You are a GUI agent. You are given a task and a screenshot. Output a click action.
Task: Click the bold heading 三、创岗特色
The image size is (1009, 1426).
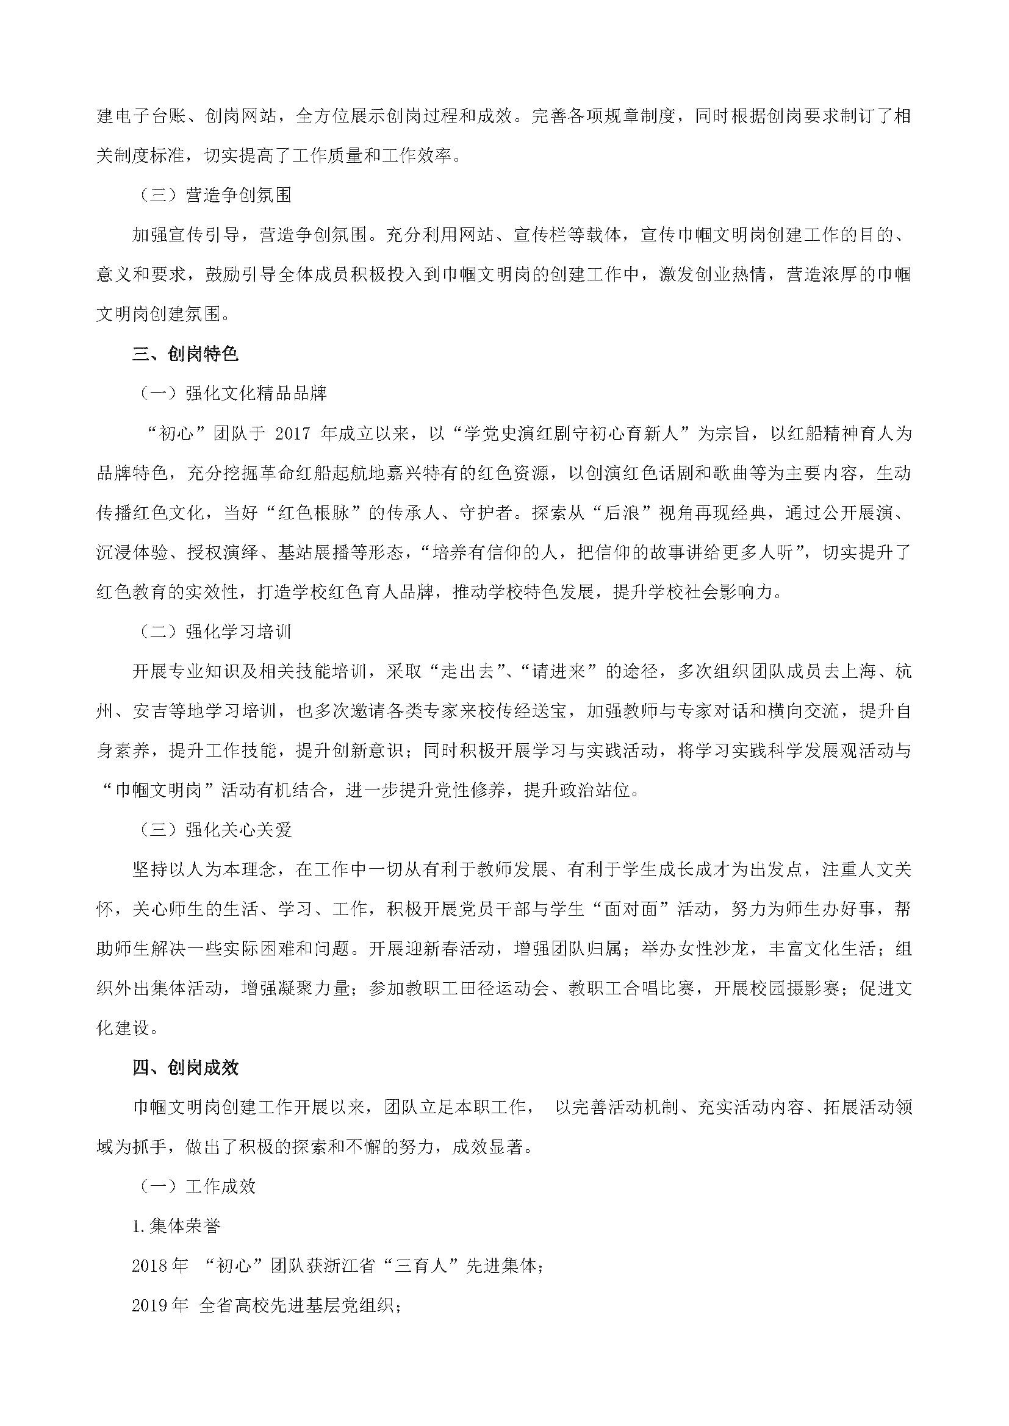coord(185,354)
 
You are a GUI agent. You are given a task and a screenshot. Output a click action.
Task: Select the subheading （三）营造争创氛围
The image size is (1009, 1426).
coord(213,196)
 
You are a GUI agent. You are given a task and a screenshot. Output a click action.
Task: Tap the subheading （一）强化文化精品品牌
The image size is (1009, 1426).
coord(231,394)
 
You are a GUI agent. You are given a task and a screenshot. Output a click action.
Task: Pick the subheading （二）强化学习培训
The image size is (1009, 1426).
coord(213,632)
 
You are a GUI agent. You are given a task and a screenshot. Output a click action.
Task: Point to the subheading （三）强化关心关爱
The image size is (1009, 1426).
coord(213,830)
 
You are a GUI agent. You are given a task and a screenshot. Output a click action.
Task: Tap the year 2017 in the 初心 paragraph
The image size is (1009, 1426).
coord(292,433)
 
